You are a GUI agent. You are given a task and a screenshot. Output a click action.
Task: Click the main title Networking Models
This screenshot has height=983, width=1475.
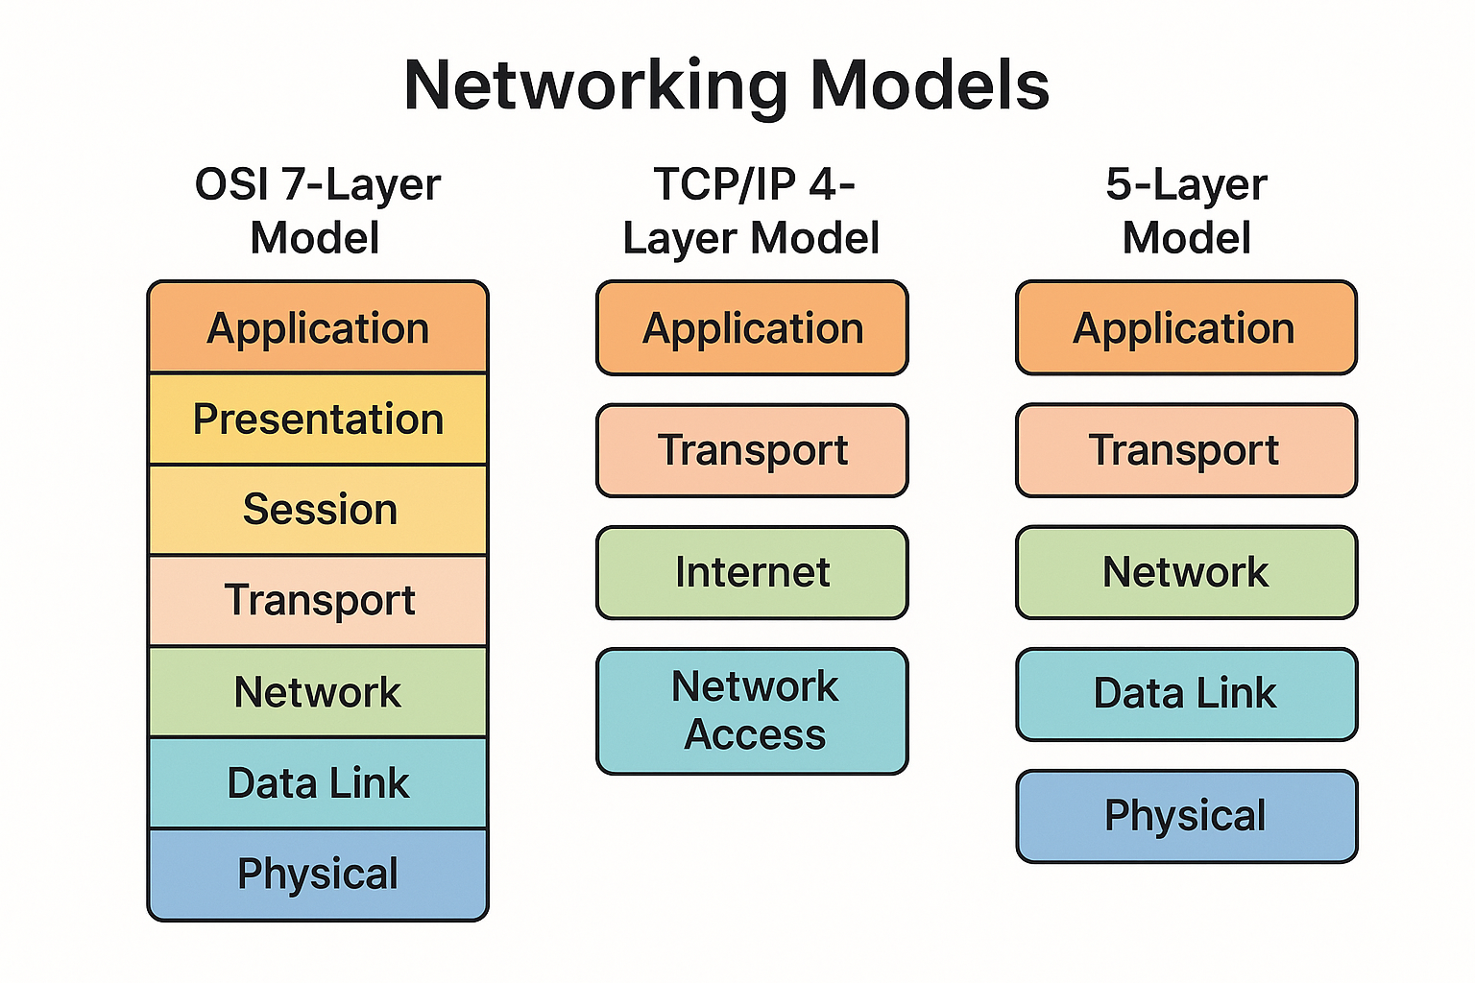726,86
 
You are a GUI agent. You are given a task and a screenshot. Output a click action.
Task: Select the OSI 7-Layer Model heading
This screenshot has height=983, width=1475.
318,210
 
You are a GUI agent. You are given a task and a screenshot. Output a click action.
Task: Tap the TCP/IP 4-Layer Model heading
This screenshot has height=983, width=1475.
751,210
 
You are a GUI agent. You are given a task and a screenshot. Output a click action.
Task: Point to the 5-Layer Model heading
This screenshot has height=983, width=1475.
1187,210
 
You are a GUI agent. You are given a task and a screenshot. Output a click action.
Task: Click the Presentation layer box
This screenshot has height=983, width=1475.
318,419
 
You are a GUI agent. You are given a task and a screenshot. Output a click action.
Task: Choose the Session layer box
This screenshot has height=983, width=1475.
318,510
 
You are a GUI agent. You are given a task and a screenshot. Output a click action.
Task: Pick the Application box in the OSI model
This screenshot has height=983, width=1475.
318,327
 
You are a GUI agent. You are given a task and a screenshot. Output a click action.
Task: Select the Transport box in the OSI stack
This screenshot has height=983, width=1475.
318,601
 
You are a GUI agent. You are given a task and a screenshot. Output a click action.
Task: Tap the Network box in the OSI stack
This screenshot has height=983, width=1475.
318,692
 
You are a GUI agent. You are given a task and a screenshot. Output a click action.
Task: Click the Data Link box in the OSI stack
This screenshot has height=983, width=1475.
318,782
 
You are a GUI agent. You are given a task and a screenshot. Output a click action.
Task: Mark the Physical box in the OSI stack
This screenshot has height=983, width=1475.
318,875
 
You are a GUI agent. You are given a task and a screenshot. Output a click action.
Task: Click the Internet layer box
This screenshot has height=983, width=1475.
752,572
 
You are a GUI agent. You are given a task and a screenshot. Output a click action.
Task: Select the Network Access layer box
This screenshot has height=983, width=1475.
752,711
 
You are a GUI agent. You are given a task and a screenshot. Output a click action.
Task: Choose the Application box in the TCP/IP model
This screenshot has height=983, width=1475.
752,327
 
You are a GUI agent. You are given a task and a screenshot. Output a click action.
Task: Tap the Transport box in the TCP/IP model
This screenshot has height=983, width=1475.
752,449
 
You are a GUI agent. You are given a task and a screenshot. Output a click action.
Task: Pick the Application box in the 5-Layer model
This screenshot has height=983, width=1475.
1187,327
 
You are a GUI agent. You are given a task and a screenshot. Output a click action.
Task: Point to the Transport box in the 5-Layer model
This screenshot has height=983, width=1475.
1187,449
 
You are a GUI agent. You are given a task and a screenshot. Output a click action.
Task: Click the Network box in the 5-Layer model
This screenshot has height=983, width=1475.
1187,572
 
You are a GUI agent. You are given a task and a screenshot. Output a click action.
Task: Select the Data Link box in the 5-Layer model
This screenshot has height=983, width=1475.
1187,694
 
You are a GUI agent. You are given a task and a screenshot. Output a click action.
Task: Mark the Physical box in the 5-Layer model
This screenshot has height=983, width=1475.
1187,816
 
